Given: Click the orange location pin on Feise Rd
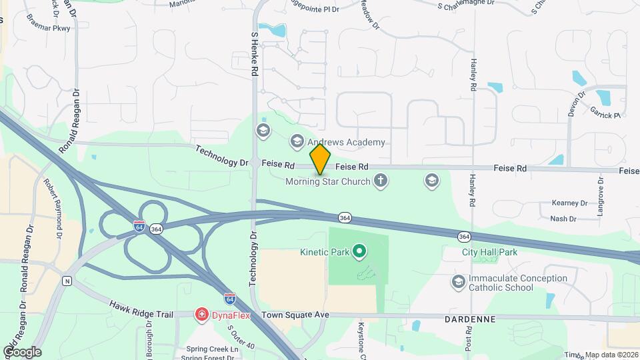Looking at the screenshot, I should tap(320, 159).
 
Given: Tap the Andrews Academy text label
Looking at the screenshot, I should tap(346, 142).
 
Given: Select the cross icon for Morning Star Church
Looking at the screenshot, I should tap(381, 181).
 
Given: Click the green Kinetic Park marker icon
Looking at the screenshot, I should tap(360, 251).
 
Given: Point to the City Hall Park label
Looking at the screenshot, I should tap(489, 252).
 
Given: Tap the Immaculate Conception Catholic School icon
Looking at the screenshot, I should tap(458, 282).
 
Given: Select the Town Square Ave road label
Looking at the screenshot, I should tap(295, 315).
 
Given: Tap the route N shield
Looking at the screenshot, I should tap(67, 281).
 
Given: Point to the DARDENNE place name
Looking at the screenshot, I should tap(470, 319).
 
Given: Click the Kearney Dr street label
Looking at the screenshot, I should tap(569, 203).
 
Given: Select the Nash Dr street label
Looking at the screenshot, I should tap(563, 218).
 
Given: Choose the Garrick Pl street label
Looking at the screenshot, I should tap(604, 115).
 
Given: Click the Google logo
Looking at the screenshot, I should tap(22, 351).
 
